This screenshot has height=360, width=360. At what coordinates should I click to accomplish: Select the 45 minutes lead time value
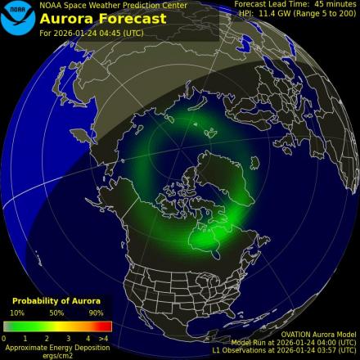click(331, 4)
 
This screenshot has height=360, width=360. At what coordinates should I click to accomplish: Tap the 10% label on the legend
click(16, 313)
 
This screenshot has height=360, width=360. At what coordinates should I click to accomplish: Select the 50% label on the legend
click(56, 313)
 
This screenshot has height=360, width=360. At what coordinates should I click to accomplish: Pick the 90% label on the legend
click(96, 313)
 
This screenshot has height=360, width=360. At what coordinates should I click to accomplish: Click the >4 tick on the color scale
click(103, 337)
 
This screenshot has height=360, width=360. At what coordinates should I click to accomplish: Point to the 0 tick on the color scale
click(4, 337)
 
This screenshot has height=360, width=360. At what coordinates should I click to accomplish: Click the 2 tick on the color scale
click(47, 337)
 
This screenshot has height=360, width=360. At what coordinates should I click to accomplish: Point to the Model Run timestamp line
click(295, 342)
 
